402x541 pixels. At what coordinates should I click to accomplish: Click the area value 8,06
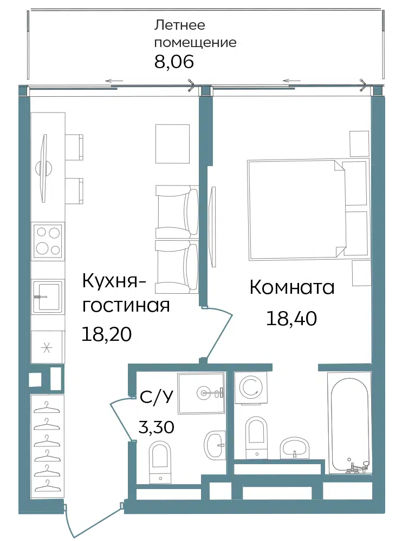[x=174, y=62]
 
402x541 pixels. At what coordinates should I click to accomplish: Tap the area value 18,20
[x=107, y=334]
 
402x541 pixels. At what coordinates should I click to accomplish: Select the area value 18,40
[x=291, y=318]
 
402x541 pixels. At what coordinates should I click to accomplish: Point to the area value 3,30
[x=156, y=427]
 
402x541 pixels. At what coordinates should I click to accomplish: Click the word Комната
[x=292, y=287]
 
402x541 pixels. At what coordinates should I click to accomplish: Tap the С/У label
[x=156, y=398]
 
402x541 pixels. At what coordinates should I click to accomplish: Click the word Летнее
[x=179, y=25]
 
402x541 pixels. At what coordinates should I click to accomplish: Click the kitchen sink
[x=47, y=296]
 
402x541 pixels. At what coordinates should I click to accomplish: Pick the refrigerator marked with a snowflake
[x=47, y=347]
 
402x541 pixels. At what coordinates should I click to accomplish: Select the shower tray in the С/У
[x=201, y=393]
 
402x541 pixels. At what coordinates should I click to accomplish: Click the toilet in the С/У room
[x=160, y=462]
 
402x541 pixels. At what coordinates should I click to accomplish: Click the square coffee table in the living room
[x=172, y=143]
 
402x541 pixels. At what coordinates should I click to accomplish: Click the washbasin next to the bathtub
[x=295, y=447]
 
